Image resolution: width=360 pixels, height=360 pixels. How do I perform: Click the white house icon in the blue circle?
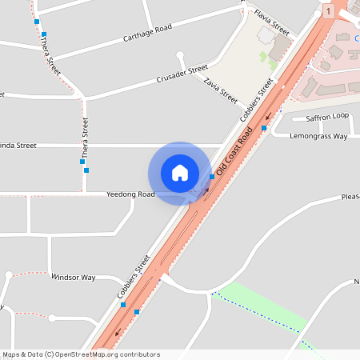(180, 173)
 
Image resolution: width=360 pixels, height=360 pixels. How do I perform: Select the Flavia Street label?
(271, 22)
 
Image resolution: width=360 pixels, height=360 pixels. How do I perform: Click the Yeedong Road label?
(131, 194)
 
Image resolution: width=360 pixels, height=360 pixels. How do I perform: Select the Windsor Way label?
(73, 278)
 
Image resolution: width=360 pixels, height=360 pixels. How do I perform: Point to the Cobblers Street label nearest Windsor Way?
(134, 278)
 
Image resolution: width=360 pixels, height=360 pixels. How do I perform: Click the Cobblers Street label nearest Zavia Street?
(258, 100)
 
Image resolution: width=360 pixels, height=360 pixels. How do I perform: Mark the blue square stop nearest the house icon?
(212, 176)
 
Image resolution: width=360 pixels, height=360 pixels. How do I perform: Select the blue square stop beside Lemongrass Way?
(264, 128)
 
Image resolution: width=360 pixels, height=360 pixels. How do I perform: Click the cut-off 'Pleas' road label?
(350, 196)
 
